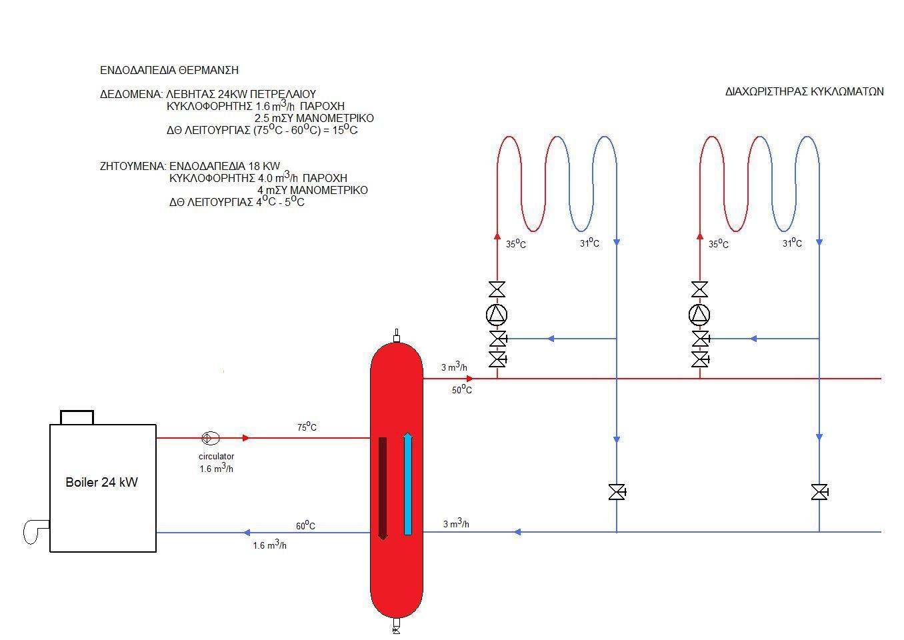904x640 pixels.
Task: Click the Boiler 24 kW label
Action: click(x=102, y=482)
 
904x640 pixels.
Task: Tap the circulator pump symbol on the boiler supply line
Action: click(x=210, y=438)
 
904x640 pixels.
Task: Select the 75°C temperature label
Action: click(x=307, y=427)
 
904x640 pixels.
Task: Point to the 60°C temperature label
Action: click(x=305, y=525)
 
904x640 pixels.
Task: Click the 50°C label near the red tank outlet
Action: click(x=462, y=389)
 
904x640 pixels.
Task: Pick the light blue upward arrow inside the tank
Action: click(x=407, y=484)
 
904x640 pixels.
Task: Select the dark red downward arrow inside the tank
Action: click(x=383, y=488)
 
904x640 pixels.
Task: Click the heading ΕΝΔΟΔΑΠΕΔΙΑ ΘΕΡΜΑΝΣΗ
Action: click(x=169, y=70)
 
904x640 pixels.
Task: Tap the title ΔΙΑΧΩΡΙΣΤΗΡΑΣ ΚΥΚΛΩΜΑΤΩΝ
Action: click(x=804, y=91)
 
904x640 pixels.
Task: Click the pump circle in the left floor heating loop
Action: click(x=497, y=315)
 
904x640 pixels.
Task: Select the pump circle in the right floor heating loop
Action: click(x=699, y=315)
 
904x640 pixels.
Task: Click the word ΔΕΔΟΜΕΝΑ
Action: click(x=131, y=95)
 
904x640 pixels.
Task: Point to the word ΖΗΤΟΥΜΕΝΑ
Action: click(x=133, y=166)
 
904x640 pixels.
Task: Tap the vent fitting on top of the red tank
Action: click(x=396, y=336)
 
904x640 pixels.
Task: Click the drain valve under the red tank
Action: click(x=396, y=625)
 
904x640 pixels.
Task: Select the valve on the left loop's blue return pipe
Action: click(x=617, y=492)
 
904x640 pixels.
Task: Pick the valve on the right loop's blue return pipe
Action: click(x=819, y=492)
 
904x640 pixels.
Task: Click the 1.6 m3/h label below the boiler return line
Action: click(x=269, y=545)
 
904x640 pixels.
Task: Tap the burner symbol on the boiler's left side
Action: click(x=36, y=532)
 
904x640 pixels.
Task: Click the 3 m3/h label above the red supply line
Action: click(x=454, y=367)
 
